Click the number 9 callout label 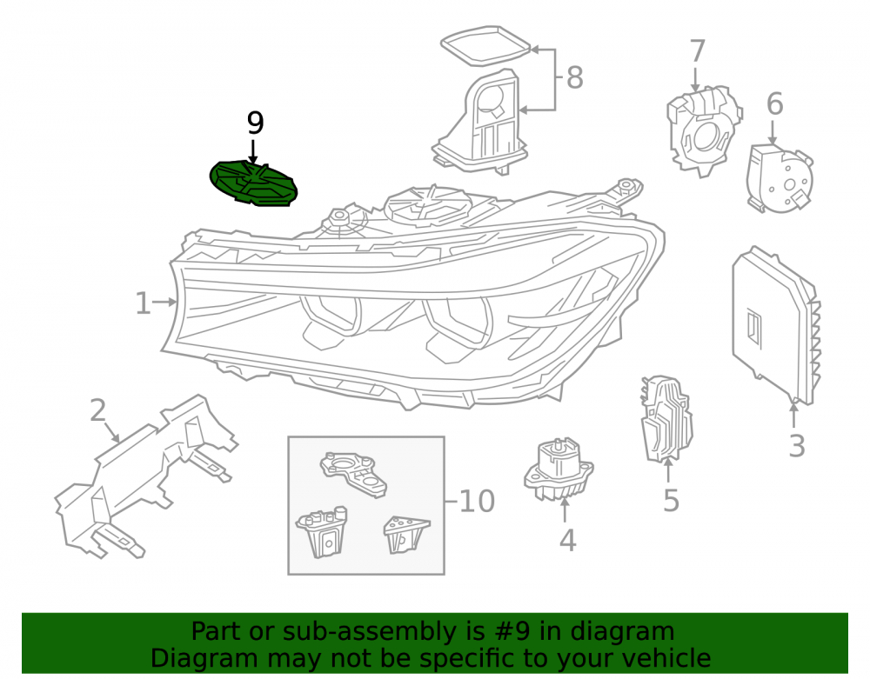[x=255, y=123]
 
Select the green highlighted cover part [x=253, y=183]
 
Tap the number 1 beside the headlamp [x=144, y=303]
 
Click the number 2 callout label [x=98, y=410]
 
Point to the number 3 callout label [x=797, y=446]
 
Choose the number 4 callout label [x=566, y=541]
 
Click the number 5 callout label [x=672, y=501]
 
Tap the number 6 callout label [x=774, y=103]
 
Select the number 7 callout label [x=698, y=51]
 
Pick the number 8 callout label [x=575, y=77]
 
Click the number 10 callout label [x=477, y=502]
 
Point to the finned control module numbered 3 [x=776, y=325]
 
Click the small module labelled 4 [x=559, y=469]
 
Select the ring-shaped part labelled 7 [x=704, y=130]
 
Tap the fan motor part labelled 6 [x=780, y=178]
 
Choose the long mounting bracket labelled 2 [x=146, y=476]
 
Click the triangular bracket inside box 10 [x=406, y=535]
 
